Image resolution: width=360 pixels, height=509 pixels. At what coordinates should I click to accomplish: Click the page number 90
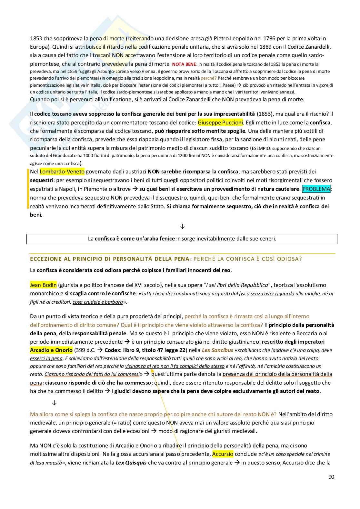[x=331, y=477]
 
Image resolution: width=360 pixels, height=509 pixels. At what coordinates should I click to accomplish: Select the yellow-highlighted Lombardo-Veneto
[x=62, y=171]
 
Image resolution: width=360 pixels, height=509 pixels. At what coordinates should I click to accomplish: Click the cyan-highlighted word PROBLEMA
[x=316, y=189]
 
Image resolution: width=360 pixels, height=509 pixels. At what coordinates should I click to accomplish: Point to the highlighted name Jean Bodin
[x=43, y=285]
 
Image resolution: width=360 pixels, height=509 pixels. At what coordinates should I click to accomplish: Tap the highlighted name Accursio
[x=223, y=454]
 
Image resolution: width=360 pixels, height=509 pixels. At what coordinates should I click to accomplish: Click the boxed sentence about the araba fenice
[x=182, y=239]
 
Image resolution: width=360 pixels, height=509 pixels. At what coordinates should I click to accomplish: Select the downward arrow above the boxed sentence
[x=182, y=226]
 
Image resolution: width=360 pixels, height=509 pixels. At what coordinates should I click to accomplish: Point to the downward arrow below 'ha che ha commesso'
[x=54, y=403]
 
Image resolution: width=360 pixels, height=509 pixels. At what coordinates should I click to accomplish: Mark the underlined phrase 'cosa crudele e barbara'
[x=98, y=302]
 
